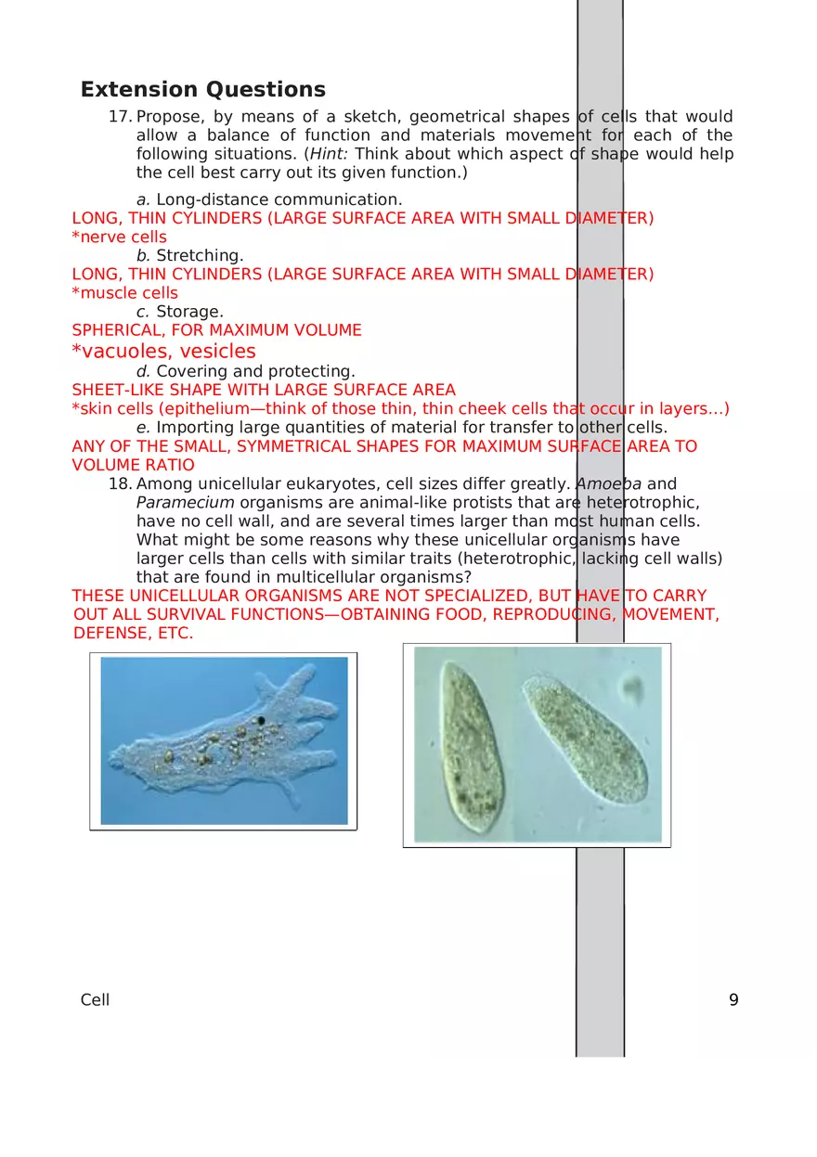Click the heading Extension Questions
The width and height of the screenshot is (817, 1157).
[x=202, y=90]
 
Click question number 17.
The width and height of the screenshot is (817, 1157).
[x=120, y=117]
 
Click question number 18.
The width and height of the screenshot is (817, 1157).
[x=120, y=484]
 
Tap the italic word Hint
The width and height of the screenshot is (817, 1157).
[x=327, y=154]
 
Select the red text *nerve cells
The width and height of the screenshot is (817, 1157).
[x=120, y=238]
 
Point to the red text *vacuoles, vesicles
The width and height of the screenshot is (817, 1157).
[x=163, y=352]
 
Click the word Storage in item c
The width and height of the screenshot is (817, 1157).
[x=189, y=312]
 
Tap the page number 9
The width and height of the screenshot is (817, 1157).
[x=733, y=1000]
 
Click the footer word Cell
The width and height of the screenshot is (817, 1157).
[x=95, y=1000]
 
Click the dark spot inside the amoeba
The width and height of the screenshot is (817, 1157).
[x=262, y=720]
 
